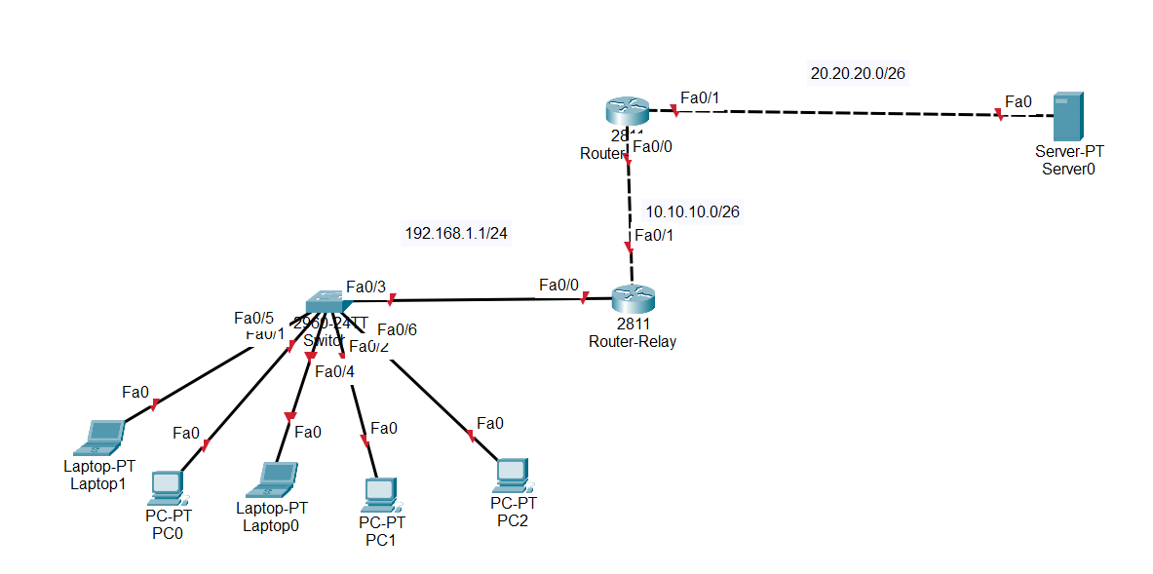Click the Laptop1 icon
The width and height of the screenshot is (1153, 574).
point(103,437)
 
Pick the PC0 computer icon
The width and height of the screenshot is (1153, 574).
point(167,486)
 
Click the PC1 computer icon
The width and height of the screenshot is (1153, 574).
point(379,494)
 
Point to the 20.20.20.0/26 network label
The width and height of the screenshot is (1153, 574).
point(859,73)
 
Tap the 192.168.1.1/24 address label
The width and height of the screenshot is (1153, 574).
point(456,234)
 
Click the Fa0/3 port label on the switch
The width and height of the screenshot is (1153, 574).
point(365,287)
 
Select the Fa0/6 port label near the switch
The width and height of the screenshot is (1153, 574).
point(397,330)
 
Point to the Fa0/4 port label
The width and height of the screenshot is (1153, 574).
point(334,370)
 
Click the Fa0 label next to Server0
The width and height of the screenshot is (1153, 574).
point(1018,101)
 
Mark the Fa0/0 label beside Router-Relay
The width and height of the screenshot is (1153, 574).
point(558,285)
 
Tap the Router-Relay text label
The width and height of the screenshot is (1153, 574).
point(632,342)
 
